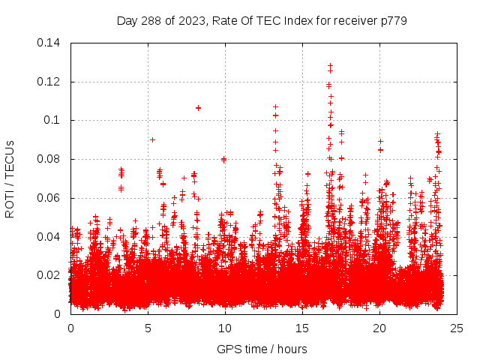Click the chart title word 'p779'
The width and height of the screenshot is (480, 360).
point(392,20)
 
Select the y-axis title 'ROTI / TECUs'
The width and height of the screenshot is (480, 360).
point(10,178)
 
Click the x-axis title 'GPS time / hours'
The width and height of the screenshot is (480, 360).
point(262,349)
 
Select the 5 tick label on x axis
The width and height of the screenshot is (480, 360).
point(148,328)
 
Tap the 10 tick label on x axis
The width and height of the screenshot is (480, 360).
point(225,328)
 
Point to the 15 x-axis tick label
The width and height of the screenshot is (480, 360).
point(302,328)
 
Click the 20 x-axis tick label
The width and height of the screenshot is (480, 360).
point(379,328)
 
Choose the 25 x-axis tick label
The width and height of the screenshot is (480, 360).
point(457,328)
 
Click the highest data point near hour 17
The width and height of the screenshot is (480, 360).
point(330,66)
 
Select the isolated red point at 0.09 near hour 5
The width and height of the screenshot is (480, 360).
point(152,139)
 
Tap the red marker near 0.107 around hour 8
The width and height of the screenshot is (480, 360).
point(198,107)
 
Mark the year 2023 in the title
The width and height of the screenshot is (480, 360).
point(193,20)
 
